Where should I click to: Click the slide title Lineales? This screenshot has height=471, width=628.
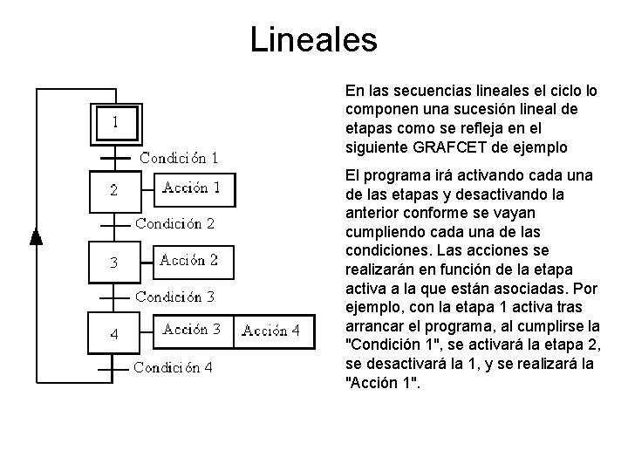coord(313,40)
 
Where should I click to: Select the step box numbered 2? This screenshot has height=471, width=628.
coord(114,190)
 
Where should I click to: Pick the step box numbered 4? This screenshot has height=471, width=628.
coord(114,334)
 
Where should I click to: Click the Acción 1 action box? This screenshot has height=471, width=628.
coord(192,188)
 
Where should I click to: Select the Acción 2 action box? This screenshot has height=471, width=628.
coord(188,260)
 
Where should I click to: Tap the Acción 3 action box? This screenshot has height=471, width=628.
coord(192,330)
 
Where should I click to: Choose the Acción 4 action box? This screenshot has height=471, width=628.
coord(270,331)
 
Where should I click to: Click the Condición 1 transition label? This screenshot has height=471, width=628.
coord(180,158)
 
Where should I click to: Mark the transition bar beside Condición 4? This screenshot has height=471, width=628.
coord(114,367)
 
